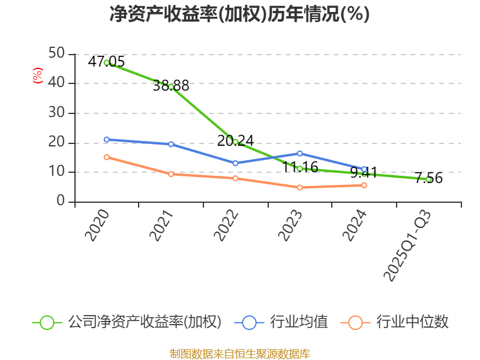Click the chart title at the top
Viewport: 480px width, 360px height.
239,14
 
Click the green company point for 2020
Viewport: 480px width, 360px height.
106,62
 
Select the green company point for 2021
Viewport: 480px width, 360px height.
171,86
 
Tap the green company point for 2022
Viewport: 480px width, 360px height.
235,142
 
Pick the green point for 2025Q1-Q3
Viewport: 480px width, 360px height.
428,179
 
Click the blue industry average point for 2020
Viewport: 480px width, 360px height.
106,139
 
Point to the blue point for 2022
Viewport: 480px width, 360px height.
235,163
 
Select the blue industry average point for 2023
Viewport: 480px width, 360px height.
299,153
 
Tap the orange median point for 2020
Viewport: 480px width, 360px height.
106,157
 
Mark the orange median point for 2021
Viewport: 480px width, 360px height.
171,174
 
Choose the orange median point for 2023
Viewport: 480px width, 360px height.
299,187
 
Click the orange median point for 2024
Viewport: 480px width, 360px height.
364,185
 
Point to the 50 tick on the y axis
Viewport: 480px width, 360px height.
56,54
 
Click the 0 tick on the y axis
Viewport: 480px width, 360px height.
61,202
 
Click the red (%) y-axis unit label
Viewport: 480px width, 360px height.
38,76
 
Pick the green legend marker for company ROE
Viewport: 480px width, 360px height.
47,322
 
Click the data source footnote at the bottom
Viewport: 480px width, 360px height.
239,353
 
